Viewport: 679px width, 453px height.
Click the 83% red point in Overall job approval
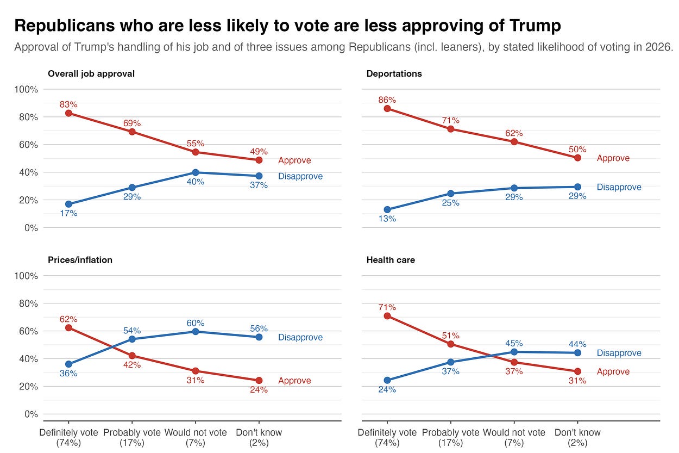click(69, 113)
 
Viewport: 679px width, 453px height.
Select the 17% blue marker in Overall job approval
click(69, 204)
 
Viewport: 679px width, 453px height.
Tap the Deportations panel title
click(394, 74)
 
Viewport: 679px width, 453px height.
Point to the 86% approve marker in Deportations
click(387, 109)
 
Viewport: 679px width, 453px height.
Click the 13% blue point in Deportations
click(387, 210)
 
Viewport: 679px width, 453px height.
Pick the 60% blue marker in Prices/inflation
click(196, 332)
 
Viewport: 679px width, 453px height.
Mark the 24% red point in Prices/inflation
click(259, 381)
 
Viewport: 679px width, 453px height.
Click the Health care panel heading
click(391, 260)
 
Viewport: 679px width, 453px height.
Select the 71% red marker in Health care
click(387, 316)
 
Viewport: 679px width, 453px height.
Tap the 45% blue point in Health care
click(514, 352)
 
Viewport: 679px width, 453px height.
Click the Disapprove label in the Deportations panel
click(619, 187)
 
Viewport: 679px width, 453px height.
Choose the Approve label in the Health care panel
click(613, 371)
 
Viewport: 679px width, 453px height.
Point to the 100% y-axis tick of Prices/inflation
click(26, 276)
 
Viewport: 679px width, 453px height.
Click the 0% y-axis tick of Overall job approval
click(31, 228)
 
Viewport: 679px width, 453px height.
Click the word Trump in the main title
click(535, 25)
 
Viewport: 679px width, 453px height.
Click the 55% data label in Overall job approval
click(196, 143)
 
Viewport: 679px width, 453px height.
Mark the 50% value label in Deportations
click(577, 150)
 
